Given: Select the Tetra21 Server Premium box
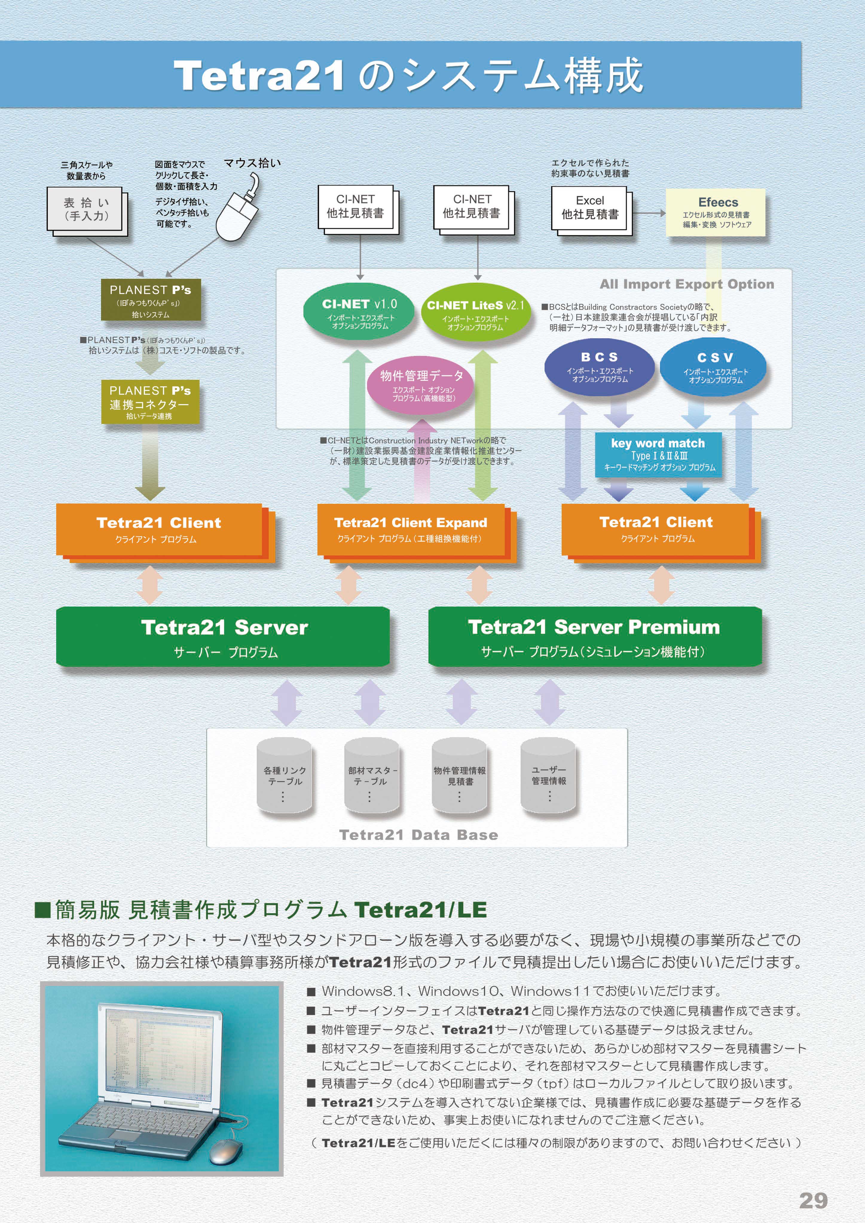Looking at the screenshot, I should pos(594,636).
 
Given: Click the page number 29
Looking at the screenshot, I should pos(813,1200).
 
